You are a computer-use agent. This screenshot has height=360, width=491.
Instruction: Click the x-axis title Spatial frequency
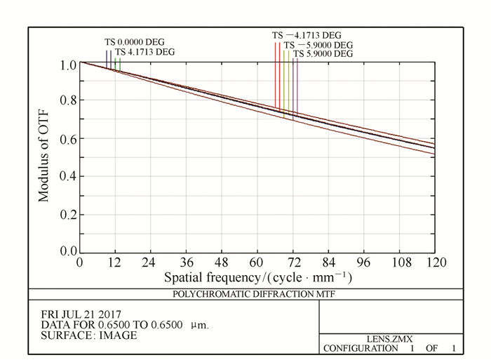(x=257, y=277)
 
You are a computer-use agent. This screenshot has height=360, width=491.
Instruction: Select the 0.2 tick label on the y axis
(x=67, y=214)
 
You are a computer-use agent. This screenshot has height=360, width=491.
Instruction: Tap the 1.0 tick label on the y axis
(x=67, y=65)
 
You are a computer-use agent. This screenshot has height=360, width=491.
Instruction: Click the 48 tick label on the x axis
(x=222, y=262)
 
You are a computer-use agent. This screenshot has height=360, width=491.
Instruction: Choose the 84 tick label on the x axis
(x=328, y=262)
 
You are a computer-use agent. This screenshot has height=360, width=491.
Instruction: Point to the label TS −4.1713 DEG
(x=307, y=35)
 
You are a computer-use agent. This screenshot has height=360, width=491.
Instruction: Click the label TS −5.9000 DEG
(x=317, y=45)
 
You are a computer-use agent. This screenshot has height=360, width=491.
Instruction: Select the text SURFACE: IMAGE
(x=89, y=335)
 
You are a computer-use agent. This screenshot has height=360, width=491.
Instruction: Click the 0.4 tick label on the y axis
(x=67, y=177)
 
